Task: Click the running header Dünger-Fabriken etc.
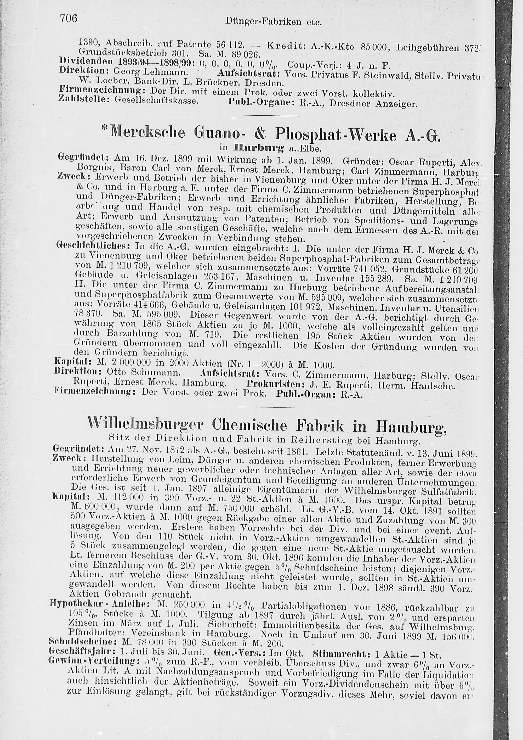(x=274, y=22)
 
